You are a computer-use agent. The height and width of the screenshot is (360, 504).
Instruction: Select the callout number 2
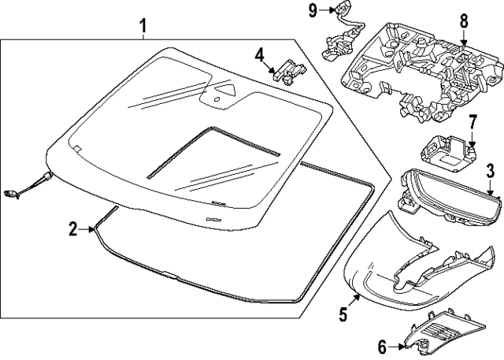tap(72, 229)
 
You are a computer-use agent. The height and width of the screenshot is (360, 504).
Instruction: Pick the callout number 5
tap(343, 315)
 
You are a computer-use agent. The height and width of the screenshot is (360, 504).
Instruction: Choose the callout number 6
tap(383, 345)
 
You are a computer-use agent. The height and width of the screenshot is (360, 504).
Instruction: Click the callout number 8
tap(463, 23)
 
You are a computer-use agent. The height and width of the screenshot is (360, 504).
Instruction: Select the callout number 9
tap(312, 10)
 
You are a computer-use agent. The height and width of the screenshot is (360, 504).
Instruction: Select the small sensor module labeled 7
tap(446, 150)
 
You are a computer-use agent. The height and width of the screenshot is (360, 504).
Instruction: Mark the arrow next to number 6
tap(398, 345)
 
